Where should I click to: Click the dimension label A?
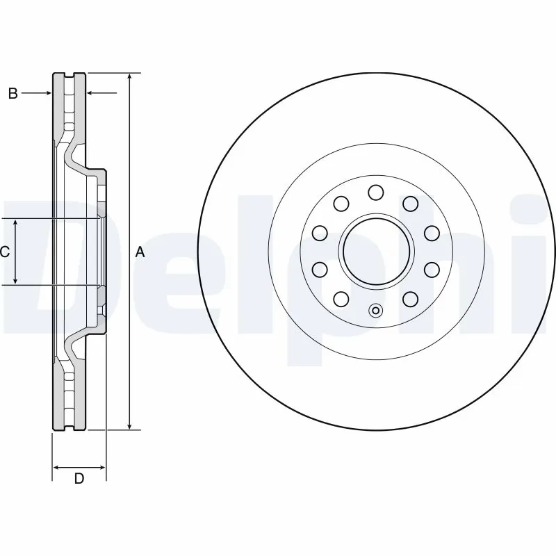(x=140, y=252)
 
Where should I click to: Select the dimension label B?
(x=13, y=93)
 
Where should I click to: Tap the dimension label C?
(x=5, y=252)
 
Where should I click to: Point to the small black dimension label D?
(x=79, y=478)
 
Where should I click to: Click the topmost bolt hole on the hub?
(x=376, y=192)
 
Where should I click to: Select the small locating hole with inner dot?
(x=376, y=311)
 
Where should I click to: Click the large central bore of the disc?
(x=376, y=251)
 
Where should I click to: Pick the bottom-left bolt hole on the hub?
(x=341, y=299)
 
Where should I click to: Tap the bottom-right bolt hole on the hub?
(x=411, y=299)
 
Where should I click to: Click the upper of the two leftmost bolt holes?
(x=320, y=233)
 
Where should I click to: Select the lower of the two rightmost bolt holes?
(x=432, y=269)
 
